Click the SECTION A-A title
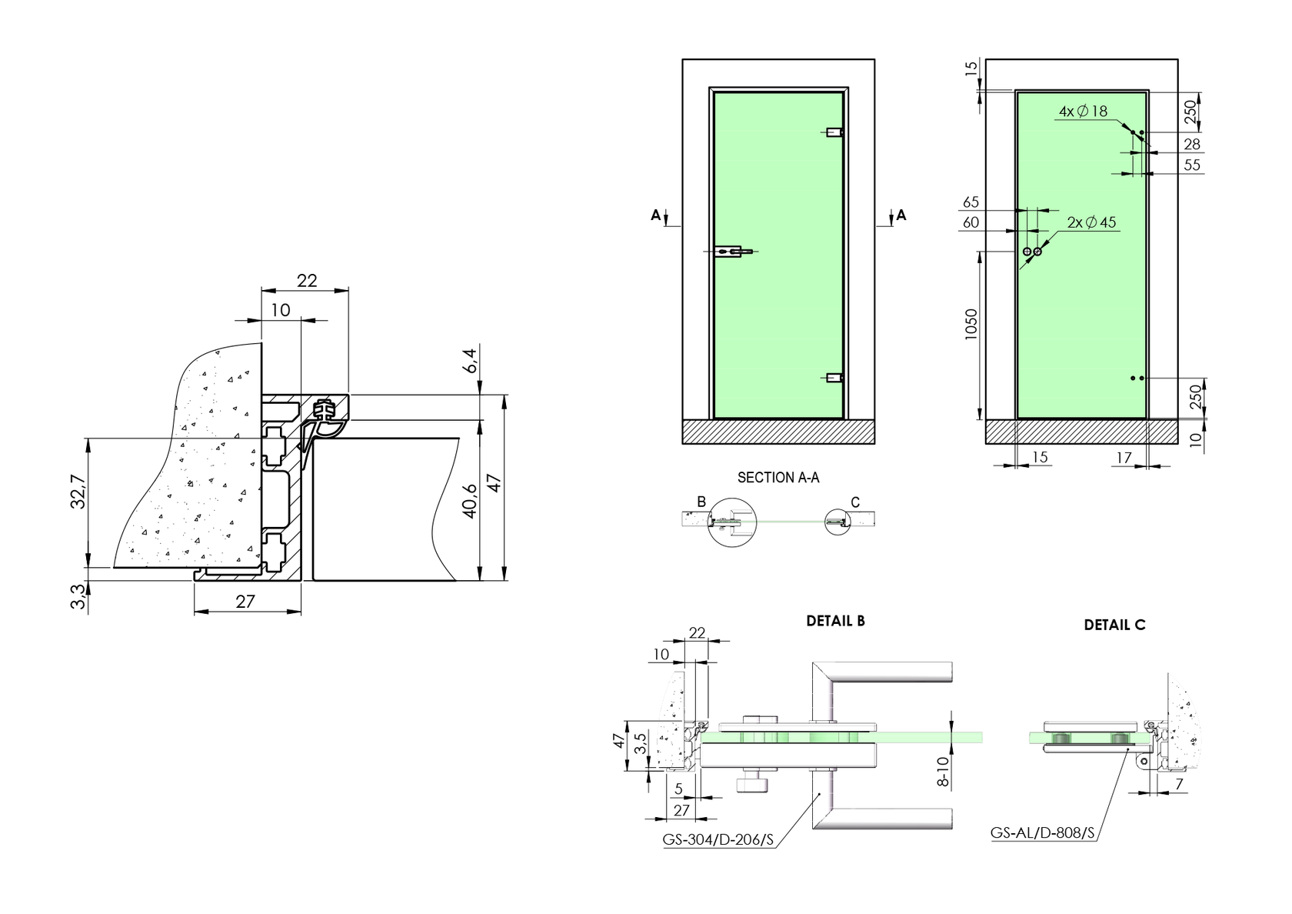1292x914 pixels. tap(778, 478)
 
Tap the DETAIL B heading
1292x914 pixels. tap(835, 621)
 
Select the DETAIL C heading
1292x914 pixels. tap(1114, 625)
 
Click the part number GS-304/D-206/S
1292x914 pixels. tap(718, 839)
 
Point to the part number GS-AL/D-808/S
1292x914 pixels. tap(1042, 833)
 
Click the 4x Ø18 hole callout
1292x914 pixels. tap(1083, 111)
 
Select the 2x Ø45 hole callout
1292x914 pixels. tap(1091, 222)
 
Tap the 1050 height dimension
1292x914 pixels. tap(971, 325)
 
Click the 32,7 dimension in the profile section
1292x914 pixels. tap(78, 491)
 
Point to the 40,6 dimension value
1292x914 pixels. tap(470, 500)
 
